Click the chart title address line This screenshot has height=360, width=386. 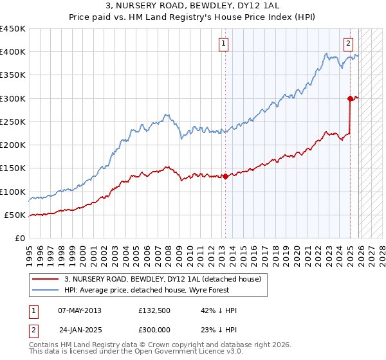click(192, 6)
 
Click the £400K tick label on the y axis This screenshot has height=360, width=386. click(13, 52)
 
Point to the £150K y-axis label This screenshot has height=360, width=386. click(13, 168)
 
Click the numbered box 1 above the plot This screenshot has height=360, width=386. click(223, 44)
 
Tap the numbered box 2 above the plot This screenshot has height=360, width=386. click(348, 44)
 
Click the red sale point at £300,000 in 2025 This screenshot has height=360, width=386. click(350, 98)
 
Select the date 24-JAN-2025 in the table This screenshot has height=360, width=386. click(81, 328)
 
